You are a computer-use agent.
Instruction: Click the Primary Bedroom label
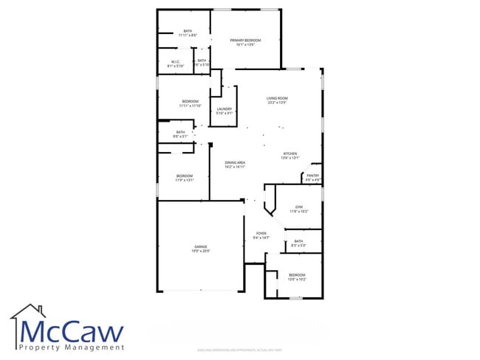(x=245, y=40)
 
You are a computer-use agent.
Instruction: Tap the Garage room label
(x=200, y=246)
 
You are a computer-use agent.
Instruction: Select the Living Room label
(x=277, y=98)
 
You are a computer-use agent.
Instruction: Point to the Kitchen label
(x=290, y=153)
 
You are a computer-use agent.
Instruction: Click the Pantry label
(x=313, y=175)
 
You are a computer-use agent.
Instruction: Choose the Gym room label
(x=299, y=207)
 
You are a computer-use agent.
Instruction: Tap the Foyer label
(x=261, y=233)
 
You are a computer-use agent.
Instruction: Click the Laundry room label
(x=224, y=109)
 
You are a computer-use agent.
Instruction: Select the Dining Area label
(x=235, y=162)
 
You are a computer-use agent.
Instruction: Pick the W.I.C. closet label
(x=176, y=61)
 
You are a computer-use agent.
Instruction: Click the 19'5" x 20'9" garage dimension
(x=200, y=252)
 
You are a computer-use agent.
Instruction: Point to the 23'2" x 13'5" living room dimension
(x=277, y=103)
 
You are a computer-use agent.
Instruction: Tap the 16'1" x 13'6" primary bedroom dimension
(x=245, y=44)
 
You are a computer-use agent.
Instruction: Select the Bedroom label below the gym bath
(x=297, y=275)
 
